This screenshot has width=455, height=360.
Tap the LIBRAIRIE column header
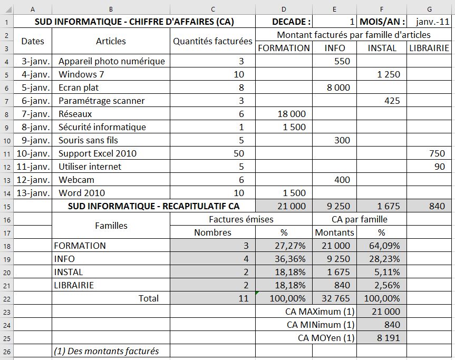click(430, 48)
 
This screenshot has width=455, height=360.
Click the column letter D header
click(284, 9)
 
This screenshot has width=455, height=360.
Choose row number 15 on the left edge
click(6, 206)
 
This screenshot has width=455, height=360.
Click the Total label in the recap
click(148, 298)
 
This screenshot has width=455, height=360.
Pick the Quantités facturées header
click(212, 41)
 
